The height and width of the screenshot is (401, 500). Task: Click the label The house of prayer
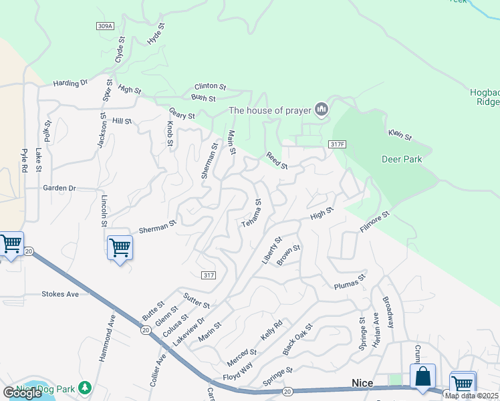[270, 110]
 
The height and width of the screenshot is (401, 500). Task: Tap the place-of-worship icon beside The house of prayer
[322, 109]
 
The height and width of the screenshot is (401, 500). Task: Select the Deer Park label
[402, 159]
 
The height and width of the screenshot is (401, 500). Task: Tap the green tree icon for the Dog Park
[84, 388]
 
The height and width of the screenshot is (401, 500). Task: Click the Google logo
[22, 393]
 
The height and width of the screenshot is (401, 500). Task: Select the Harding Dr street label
[71, 84]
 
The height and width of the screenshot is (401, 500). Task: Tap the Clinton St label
[211, 87]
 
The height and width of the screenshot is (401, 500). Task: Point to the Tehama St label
[252, 213]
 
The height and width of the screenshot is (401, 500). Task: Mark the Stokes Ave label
[60, 294]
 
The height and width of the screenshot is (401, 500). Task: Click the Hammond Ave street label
[106, 343]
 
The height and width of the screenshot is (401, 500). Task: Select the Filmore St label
[374, 222]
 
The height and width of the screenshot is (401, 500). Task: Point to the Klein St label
[400, 135]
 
